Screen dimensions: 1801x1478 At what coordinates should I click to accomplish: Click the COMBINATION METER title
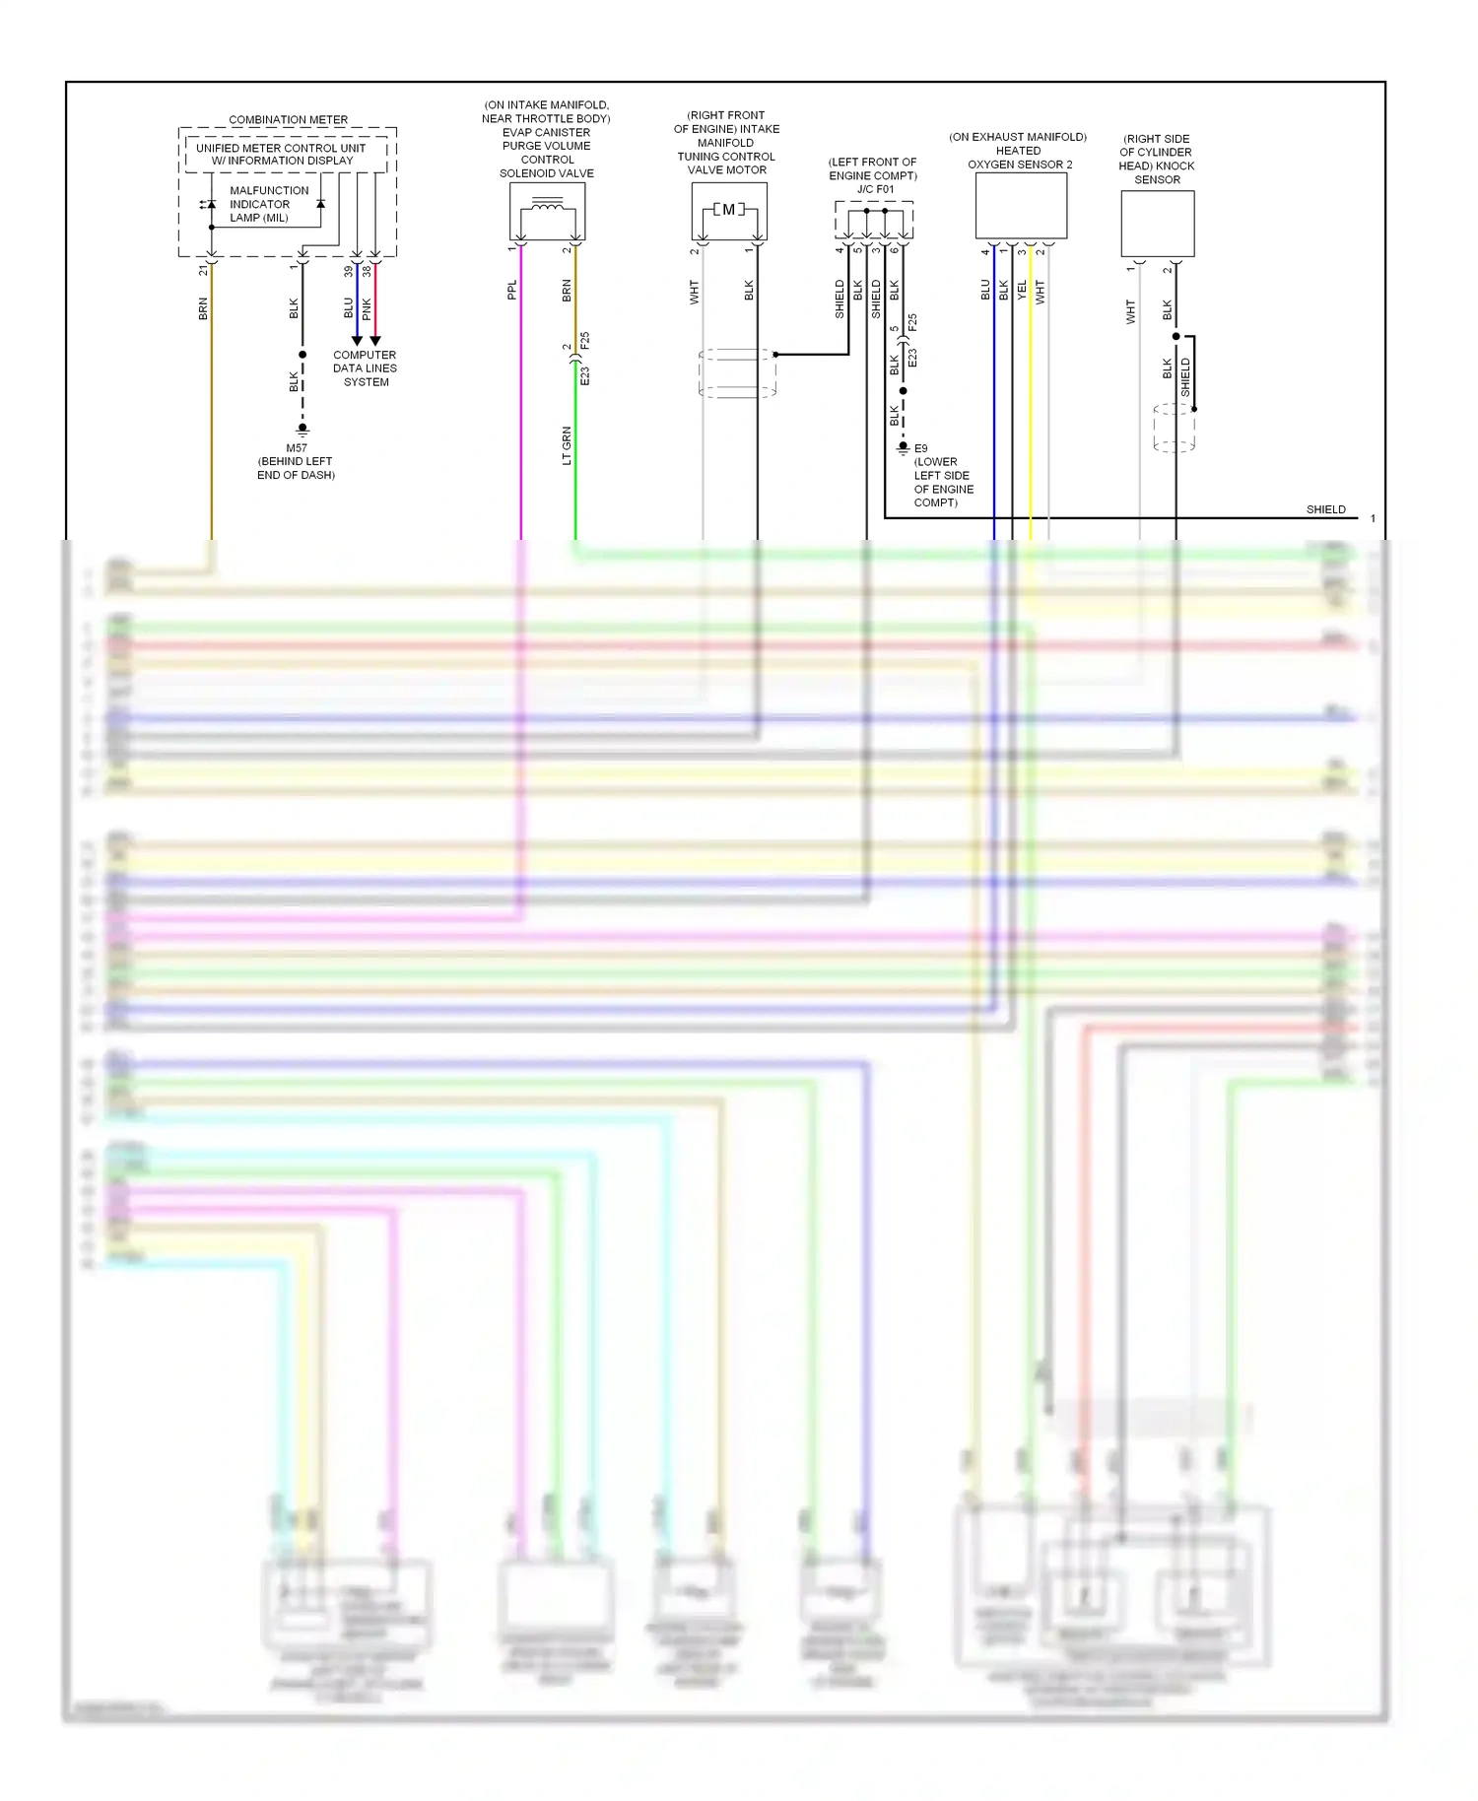click(x=288, y=120)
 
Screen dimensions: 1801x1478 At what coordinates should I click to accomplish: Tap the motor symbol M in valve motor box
click(x=728, y=210)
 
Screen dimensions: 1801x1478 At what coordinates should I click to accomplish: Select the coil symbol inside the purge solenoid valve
click(x=547, y=206)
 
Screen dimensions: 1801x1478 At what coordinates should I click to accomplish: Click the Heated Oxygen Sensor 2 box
click(x=1021, y=206)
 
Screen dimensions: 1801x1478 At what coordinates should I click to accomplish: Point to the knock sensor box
click(x=1157, y=224)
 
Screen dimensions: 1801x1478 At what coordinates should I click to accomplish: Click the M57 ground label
click(x=297, y=448)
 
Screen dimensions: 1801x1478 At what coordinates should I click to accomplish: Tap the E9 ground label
click(x=920, y=448)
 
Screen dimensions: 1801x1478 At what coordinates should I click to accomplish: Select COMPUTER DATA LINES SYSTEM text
click(x=365, y=368)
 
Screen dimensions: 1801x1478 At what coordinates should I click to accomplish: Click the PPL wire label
click(x=511, y=290)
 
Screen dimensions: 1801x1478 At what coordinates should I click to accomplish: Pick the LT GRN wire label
click(x=567, y=446)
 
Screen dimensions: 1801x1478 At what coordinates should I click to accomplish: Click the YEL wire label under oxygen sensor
click(x=1022, y=290)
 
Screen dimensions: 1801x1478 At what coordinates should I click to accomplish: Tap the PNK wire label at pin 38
click(x=367, y=308)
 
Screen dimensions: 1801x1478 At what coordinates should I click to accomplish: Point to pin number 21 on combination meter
click(x=203, y=270)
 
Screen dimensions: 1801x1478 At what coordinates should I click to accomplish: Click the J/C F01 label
click(x=875, y=189)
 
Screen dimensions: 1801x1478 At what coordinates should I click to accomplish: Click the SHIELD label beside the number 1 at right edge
click(x=1325, y=509)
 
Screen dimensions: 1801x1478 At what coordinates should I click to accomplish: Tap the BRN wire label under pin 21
click(x=203, y=308)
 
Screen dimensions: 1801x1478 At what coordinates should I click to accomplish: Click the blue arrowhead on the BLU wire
click(x=357, y=340)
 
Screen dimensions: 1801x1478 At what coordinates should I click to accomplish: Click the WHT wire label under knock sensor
click(x=1130, y=312)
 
